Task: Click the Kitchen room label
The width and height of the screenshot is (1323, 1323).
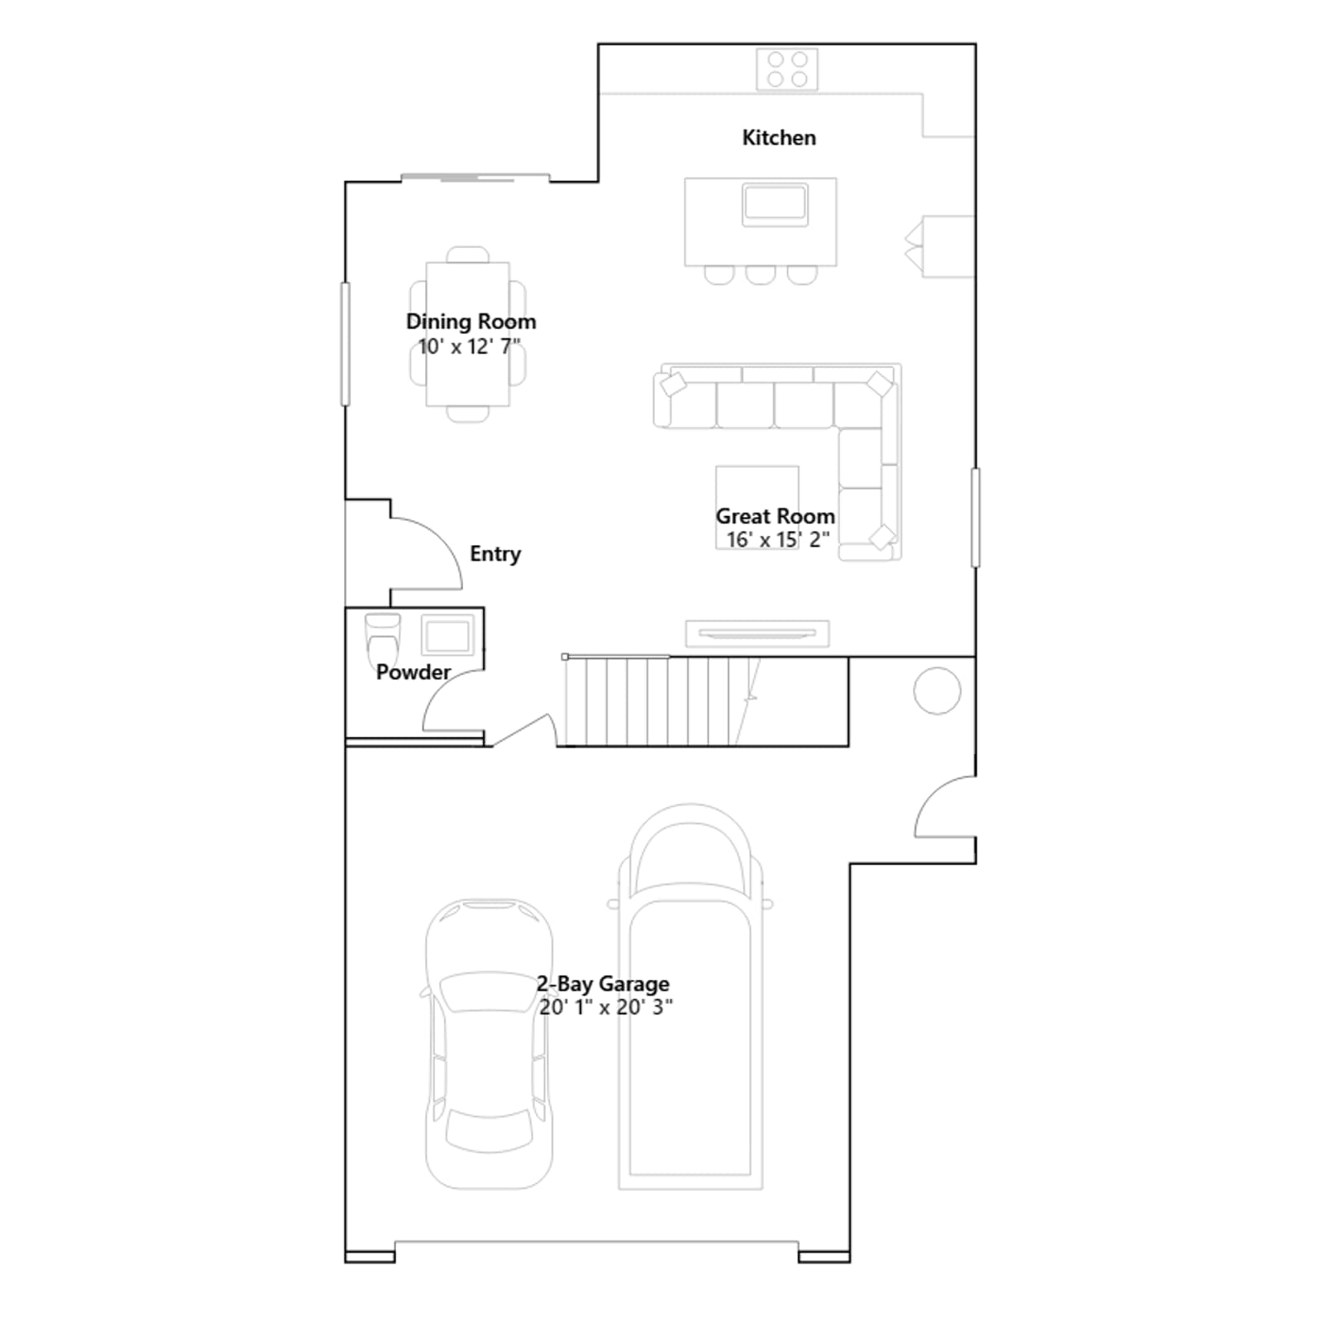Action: tap(779, 137)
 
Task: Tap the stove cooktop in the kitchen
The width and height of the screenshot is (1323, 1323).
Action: tap(787, 69)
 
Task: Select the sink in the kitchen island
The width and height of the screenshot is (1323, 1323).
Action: tap(775, 204)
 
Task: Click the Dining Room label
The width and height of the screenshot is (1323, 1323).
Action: tap(470, 322)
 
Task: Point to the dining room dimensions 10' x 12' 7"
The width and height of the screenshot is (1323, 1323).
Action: tap(469, 346)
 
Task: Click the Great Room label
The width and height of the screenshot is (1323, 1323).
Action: tap(775, 516)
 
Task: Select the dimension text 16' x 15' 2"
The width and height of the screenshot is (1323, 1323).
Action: tap(778, 539)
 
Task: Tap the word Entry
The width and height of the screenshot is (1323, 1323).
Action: tap(495, 554)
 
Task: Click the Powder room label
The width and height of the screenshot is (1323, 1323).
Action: tap(413, 672)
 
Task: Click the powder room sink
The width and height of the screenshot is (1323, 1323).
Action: tap(448, 635)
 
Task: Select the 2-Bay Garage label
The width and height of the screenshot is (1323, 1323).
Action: tap(603, 984)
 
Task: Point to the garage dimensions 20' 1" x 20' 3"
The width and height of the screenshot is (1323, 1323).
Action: tap(606, 1007)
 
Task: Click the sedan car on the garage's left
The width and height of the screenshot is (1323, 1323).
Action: tap(489, 1044)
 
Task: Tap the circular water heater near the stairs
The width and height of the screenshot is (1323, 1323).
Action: tap(937, 690)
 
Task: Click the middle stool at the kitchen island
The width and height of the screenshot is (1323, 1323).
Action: tap(760, 275)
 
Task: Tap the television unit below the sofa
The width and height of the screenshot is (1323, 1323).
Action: tap(757, 633)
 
